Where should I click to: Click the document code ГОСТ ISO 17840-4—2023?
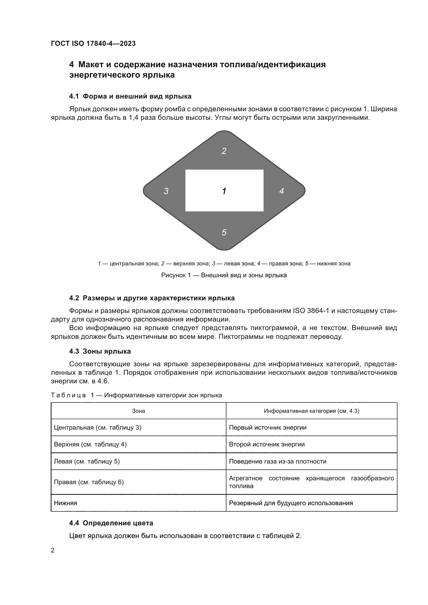93,43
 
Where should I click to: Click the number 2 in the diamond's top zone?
224,151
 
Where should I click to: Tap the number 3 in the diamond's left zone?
166,191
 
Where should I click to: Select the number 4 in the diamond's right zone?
282,191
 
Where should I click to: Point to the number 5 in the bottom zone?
224,233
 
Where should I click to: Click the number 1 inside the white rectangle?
224,191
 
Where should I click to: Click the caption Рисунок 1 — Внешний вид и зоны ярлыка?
224,275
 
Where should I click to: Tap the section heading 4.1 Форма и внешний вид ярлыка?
130,96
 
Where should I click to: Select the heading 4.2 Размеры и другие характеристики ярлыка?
152,298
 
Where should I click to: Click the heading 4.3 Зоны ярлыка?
100,351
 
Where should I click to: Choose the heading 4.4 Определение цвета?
111,523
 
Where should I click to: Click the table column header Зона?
138,411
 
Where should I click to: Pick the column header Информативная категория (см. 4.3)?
312,411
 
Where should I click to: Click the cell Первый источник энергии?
268,427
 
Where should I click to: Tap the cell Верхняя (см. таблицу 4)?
90,444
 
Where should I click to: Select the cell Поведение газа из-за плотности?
277,461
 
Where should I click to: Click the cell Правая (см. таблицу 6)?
89,482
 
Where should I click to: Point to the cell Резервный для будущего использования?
291,503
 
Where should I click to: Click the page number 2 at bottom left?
53,550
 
